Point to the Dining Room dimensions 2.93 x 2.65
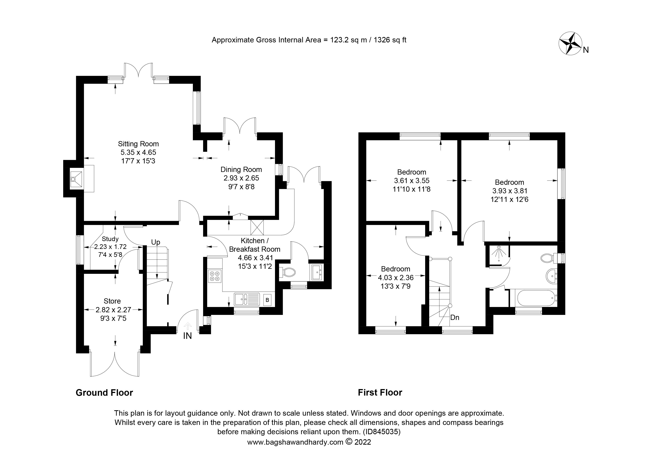[241, 178]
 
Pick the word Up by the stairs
[156, 242]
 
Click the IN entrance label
[187, 336]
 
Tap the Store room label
[112, 301]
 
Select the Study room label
[110, 239]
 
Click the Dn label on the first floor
[455, 317]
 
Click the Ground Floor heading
[104, 393]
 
